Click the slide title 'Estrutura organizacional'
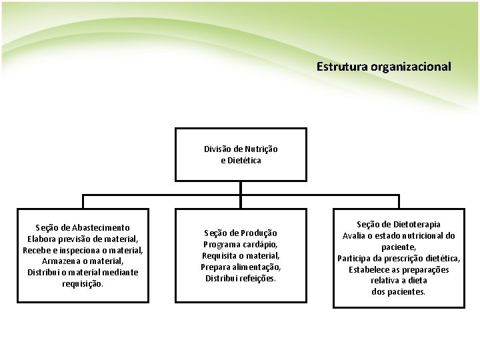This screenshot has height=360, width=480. [x=383, y=67]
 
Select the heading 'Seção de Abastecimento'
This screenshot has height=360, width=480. [x=83, y=227]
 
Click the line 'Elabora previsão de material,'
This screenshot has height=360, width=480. [x=83, y=239]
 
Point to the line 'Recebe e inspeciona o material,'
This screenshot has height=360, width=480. [x=83, y=250]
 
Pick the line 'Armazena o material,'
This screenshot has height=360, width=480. [x=83, y=261]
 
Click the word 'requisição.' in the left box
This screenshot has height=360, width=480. [x=83, y=283]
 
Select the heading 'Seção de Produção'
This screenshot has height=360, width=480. [x=241, y=233]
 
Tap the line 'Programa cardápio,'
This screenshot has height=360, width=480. [x=241, y=244]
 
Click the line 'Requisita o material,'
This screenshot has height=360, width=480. [x=241, y=255]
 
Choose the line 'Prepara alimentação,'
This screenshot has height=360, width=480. [x=241, y=267]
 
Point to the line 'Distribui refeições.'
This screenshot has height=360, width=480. [x=241, y=278]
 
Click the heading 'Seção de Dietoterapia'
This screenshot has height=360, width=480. [x=399, y=225]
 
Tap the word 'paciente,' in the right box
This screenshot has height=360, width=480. [x=399, y=247]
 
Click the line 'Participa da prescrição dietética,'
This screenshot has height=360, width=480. [x=399, y=259]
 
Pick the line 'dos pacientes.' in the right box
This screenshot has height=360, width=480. [x=399, y=292]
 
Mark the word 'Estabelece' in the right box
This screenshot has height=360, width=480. [x=369, y=270]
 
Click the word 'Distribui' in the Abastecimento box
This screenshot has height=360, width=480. [x=44, y=272]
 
